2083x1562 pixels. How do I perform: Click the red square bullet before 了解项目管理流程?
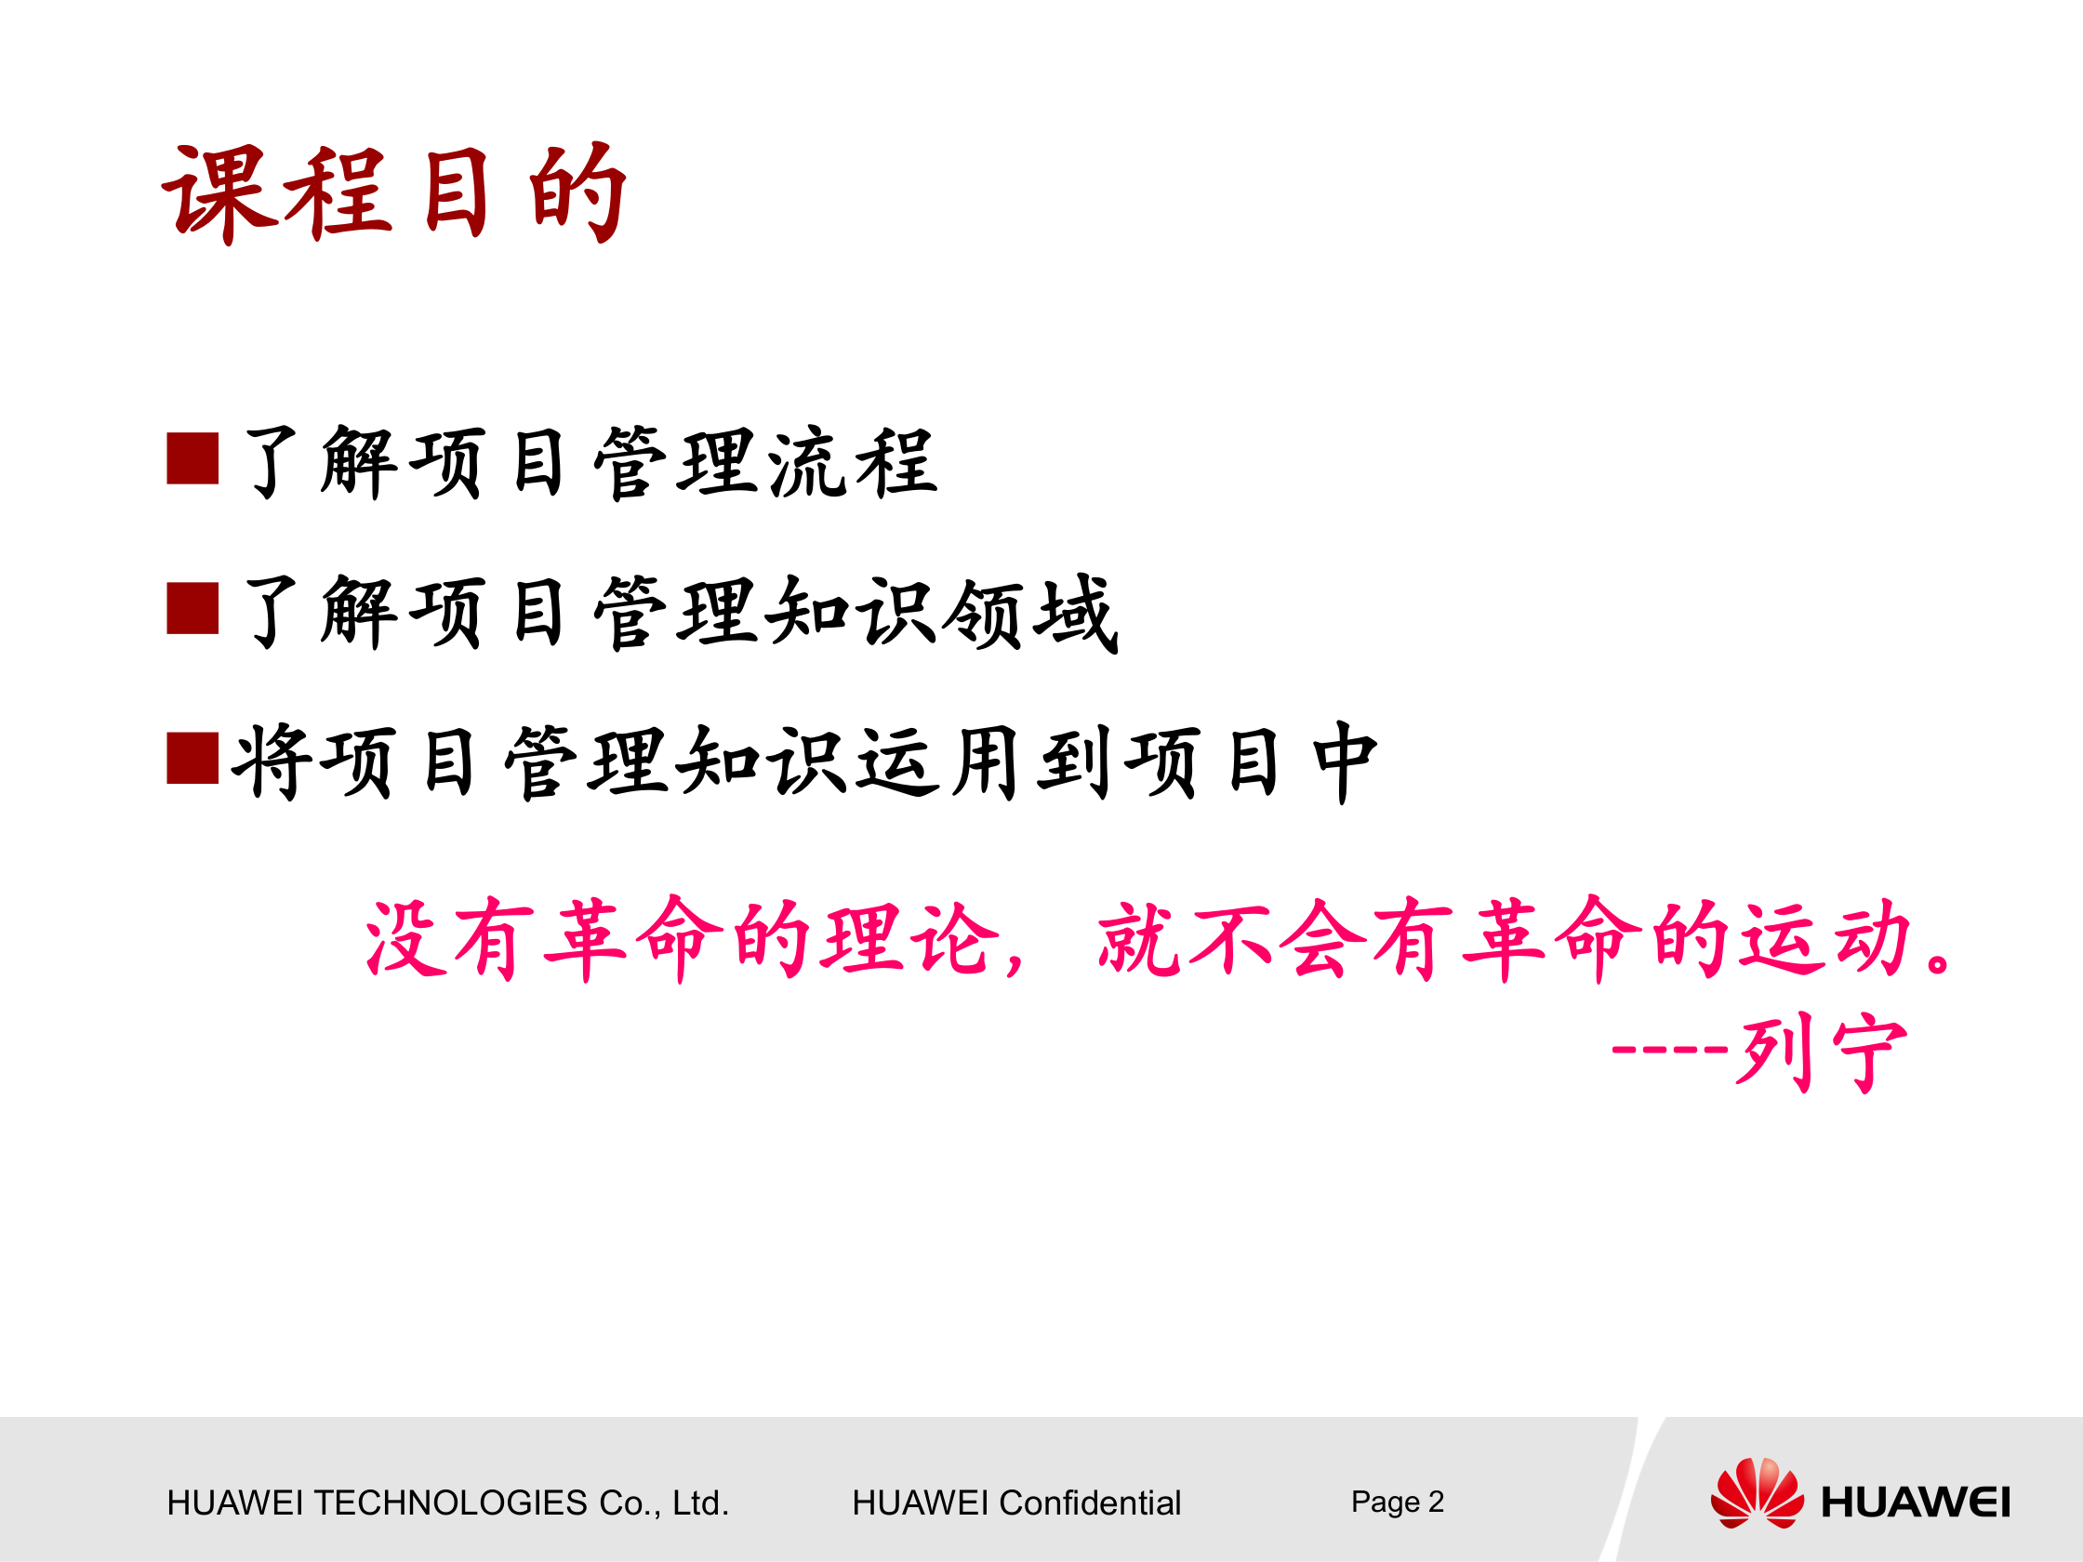coord(192,458)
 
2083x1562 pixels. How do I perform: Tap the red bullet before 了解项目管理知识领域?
coord(192,608)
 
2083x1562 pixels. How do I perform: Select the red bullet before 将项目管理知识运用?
coord(192,758)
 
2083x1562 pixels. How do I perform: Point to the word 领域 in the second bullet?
coord(1029,613)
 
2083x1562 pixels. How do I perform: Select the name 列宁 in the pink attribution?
coord(1822,1053)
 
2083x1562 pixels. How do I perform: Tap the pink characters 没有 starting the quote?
coord(450,939)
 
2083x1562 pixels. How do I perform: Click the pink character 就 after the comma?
coord(1137,939)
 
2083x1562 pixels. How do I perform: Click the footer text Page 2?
coord(1397,1501)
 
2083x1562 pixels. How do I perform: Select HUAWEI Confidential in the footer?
coord(1015,1502)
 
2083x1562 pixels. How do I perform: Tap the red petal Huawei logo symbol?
coord(1757,1493)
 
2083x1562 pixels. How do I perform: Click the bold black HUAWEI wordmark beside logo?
coord(1915,1502)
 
